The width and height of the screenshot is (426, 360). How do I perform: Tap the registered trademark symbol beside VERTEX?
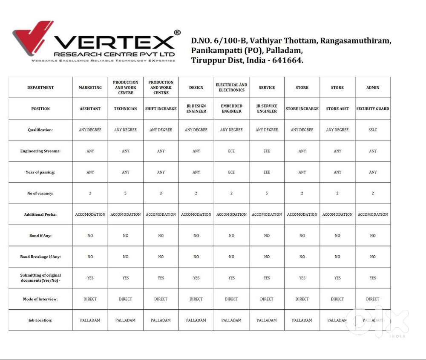(177, 33)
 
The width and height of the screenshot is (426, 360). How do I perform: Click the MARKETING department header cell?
(90, 88)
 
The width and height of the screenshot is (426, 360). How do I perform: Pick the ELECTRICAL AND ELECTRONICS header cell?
(231, 88)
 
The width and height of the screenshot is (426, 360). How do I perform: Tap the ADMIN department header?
(373, 88)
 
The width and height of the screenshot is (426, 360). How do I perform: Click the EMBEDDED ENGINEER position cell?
(231, 109)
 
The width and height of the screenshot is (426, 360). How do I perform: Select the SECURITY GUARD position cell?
(373, 109)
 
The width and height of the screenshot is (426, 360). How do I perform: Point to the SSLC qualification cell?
(373, 130)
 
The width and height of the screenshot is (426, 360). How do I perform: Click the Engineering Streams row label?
(40, 151)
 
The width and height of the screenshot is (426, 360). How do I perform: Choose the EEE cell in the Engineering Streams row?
(267, 151)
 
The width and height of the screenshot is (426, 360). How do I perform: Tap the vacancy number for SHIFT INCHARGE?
(161, 193)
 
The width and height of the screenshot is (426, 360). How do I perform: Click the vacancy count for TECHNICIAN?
(125, 193)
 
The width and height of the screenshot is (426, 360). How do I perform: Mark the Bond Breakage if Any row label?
(40, 257)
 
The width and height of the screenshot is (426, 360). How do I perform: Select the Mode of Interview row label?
(40, 299)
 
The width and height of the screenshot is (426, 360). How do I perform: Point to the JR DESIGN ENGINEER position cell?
(196, 109)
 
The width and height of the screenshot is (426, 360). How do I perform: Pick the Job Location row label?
(40, 320)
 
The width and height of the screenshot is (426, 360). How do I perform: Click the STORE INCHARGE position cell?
(302, 109)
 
